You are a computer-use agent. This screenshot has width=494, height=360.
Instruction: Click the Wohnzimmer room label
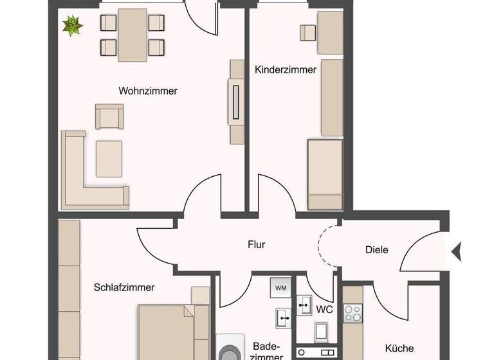coord(148,91)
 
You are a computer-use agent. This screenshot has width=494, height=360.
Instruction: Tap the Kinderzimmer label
coord(286,69)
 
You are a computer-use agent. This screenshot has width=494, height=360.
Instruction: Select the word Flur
coord(257,244)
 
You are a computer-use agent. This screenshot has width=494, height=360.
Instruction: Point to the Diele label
coord(376,249)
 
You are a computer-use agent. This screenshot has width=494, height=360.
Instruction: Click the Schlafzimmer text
coord(123,287)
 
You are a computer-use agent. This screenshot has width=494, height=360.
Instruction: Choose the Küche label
coord(399,348)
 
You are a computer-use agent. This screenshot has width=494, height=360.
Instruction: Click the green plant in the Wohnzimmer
coord(73,26)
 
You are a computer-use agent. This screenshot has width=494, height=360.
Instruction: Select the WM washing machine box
coord(281,287)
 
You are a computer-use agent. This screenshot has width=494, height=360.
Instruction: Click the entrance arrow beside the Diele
coord(457,251)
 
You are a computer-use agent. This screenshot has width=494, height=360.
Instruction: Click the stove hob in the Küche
coord(352,313)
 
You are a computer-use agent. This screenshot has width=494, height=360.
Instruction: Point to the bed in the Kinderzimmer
coord(325,174)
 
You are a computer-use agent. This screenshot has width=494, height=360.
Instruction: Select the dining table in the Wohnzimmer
coord(132,35)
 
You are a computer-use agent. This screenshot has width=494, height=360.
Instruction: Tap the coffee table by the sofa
coord(109,158)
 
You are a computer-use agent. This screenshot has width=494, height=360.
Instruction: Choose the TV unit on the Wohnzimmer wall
coord(236,102)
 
